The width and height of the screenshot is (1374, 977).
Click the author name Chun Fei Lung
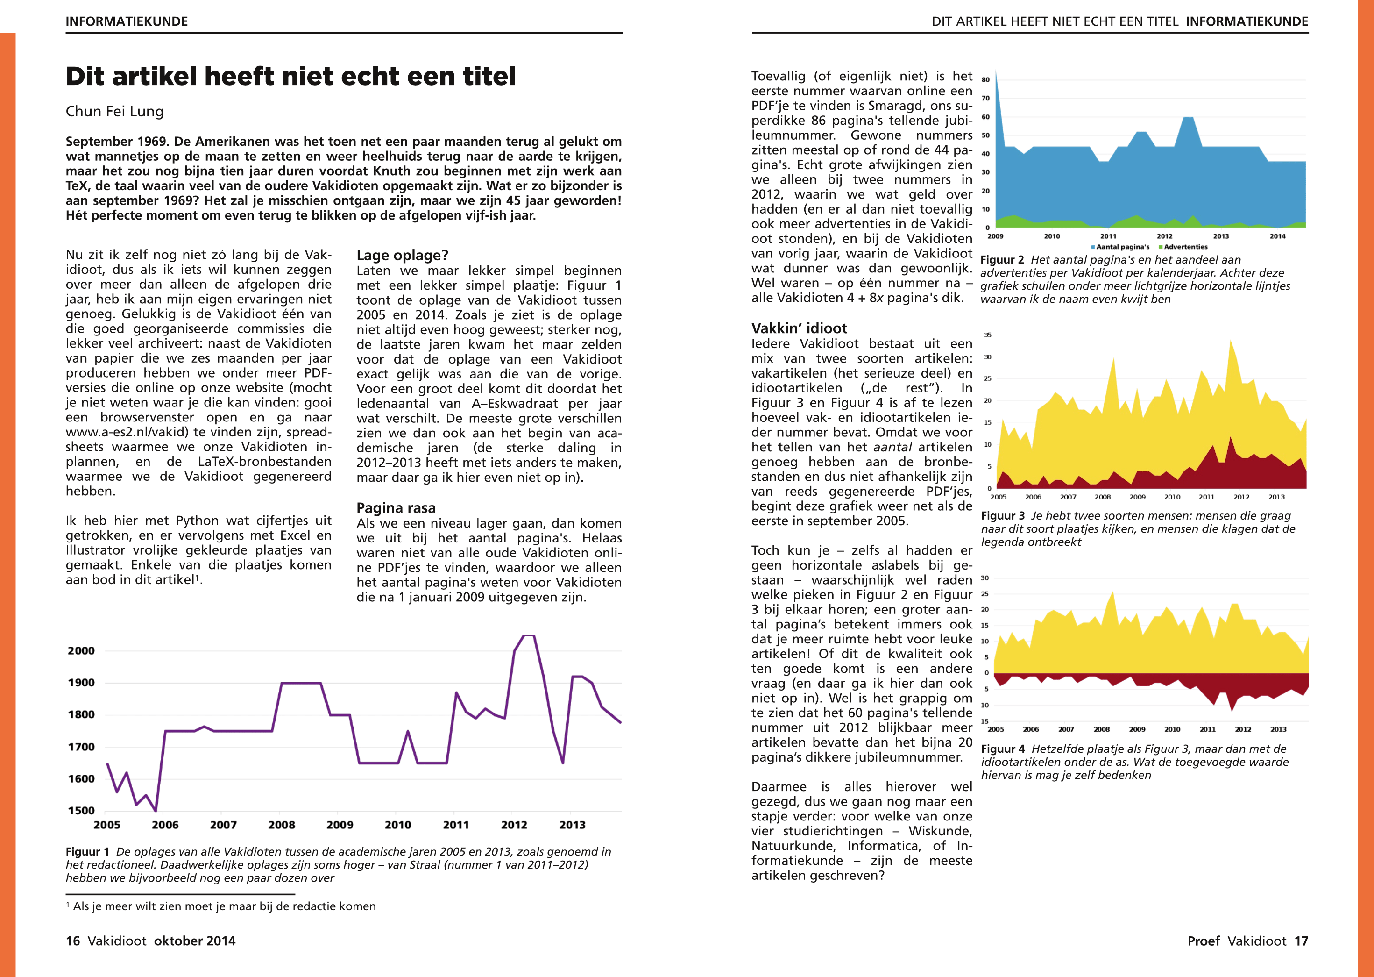coord(114,111)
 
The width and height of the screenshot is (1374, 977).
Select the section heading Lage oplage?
coord(402,255)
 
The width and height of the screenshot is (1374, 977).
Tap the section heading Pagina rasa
coord(396,508)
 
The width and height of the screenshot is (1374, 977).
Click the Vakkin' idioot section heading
coord(799,328)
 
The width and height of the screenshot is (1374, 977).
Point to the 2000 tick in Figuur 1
coord(81,650)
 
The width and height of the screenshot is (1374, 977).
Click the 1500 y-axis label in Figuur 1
coord(81,810)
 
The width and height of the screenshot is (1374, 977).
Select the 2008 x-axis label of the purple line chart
coord(282,825)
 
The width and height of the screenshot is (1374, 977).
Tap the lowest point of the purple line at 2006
coord(156,810)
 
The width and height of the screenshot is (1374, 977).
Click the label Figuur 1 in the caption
coord(87,851)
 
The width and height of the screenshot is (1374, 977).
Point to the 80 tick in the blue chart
coord(985,80)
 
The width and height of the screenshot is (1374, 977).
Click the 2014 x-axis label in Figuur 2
coord(1277,236)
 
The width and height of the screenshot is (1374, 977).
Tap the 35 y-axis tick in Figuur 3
coord(987,335)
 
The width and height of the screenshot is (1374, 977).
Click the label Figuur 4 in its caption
coord(1002,749)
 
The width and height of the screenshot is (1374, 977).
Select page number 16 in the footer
coord(73,941)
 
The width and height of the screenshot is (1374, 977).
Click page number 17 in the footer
coord(1301,941)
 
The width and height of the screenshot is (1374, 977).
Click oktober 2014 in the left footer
coord(195,941)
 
